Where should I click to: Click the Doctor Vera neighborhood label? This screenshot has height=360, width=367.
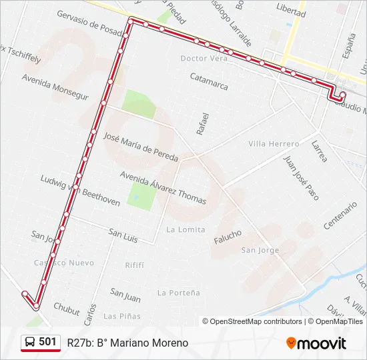[x=204, y=58]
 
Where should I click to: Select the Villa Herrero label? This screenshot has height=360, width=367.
[x=274, y=144]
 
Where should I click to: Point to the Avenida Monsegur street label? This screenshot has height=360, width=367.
[x=55, y=87]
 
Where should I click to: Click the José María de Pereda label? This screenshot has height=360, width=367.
[x=141, y=147]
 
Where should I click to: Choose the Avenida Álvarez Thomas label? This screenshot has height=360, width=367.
[x=163, y=188]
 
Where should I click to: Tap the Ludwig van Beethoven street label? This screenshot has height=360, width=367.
[x=80, y=190]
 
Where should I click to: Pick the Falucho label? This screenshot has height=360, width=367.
[x=228, y=238]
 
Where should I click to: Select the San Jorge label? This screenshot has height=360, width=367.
[x=260, y=250]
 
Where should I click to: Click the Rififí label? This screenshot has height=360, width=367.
[x=134, y=265]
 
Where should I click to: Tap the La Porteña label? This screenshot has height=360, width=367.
[x=178, y=293]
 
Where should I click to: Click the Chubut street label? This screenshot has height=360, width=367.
[x=66, y=309]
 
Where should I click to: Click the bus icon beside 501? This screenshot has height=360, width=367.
[x=31, y=343]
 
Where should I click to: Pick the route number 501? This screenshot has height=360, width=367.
[x=48, y=342]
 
